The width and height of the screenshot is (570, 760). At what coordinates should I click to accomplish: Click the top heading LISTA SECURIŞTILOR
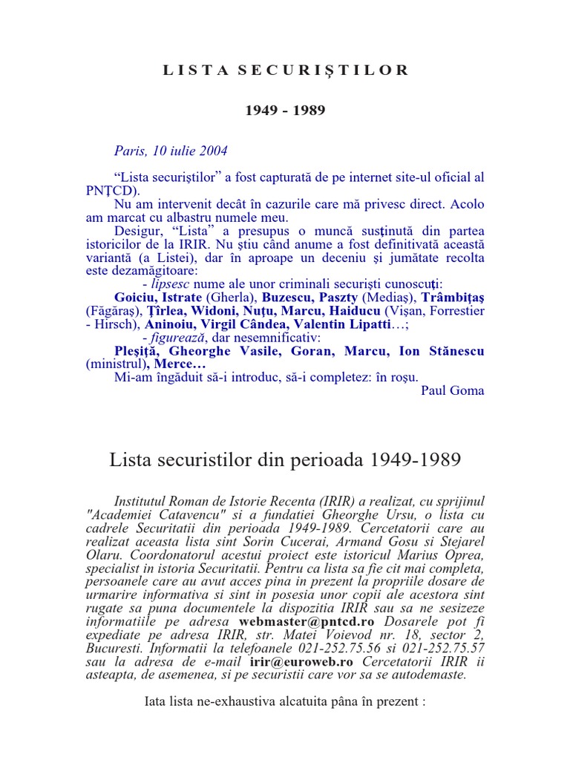[x=286, y=71]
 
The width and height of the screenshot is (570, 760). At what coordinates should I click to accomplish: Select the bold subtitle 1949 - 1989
[x=285, y=110]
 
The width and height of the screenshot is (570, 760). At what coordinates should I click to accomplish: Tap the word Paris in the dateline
[x=128, y=151]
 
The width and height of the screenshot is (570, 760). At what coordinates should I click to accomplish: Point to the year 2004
[x=212, y=151]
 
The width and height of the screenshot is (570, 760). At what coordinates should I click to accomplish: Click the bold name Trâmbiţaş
[x=453, y=298]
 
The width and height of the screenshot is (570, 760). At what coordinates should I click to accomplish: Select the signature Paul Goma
[x=452, y=391]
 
